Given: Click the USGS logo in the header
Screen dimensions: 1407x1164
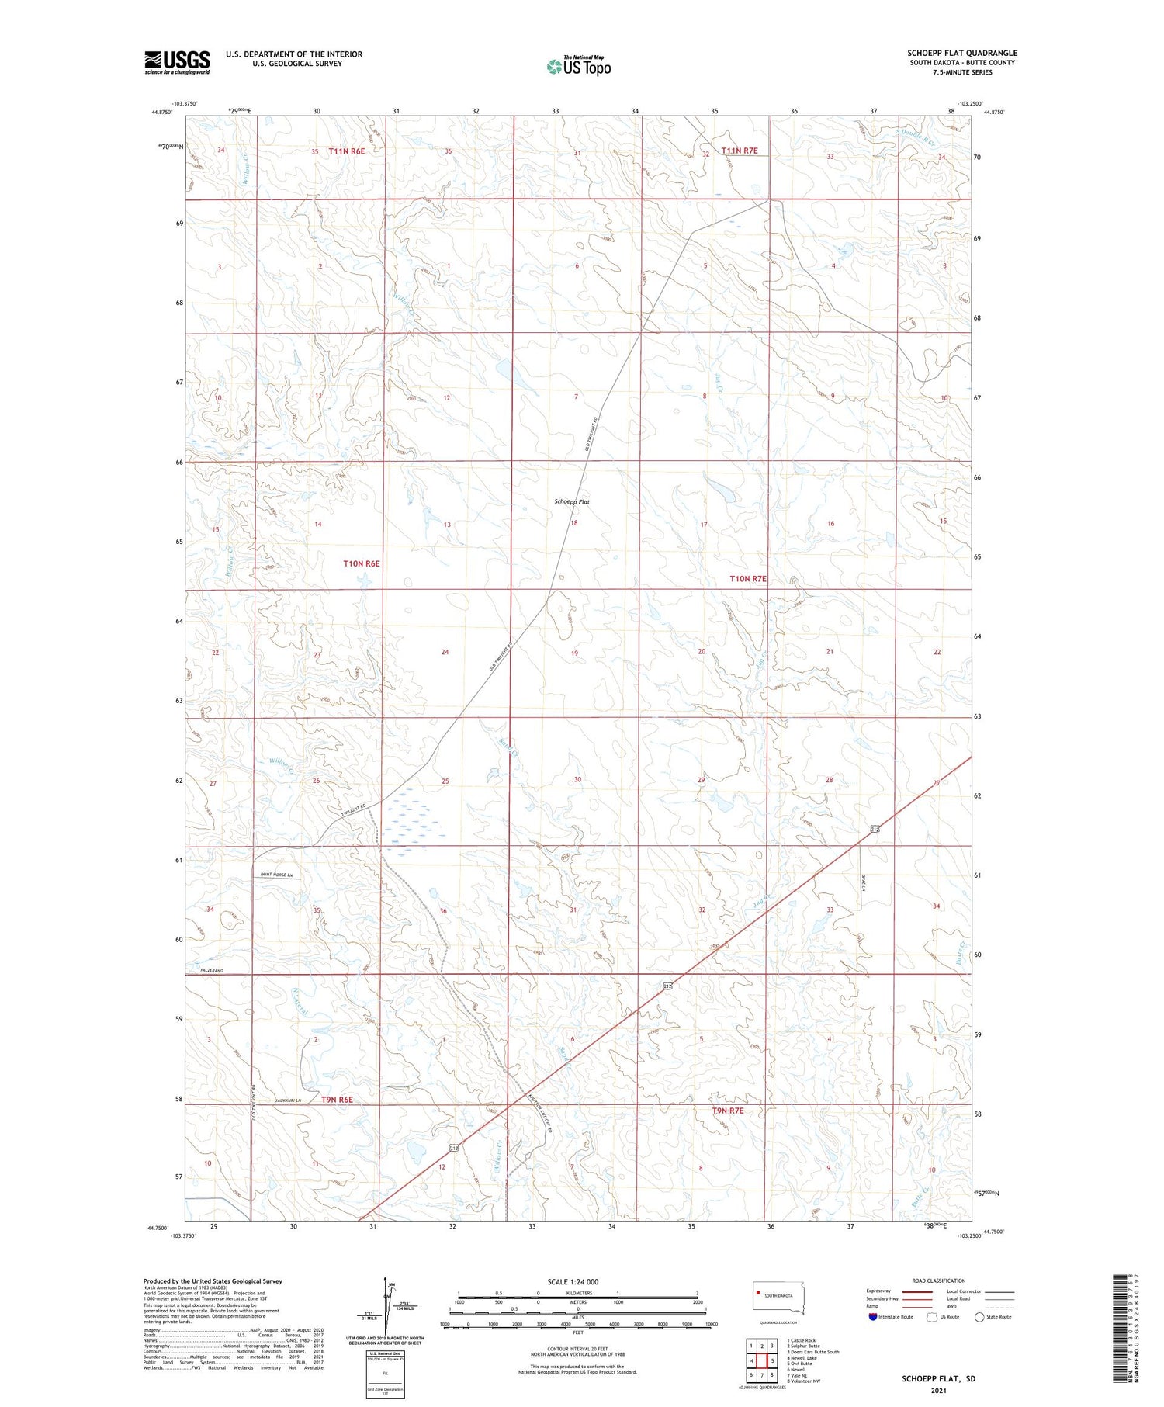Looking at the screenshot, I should tap(177, 62).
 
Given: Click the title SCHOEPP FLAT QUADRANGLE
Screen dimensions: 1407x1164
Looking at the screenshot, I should tap(961, 54).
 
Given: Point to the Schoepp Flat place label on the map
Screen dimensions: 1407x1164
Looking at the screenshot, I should tap(572, 502).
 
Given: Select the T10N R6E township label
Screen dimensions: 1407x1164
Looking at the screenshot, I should tap(362, 563).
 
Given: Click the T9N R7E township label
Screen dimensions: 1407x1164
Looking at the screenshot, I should tap(727, 1111).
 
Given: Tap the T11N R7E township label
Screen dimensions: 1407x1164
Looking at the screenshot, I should tap(739, 151).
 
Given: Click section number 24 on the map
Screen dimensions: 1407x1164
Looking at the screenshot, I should tap(445, 652).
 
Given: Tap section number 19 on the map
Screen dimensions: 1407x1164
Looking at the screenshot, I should tap(574, 653).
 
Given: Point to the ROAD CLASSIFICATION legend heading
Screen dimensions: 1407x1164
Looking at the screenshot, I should tap(938, 1281).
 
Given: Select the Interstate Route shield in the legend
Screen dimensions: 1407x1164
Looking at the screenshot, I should tap(874, 1316).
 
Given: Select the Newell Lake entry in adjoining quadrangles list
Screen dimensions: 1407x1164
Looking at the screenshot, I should tap(802, 1358).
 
